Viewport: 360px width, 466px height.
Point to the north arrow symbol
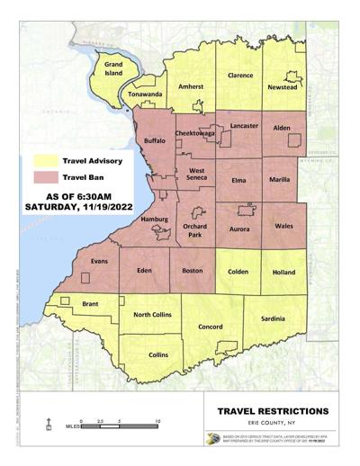pos(47,422)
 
